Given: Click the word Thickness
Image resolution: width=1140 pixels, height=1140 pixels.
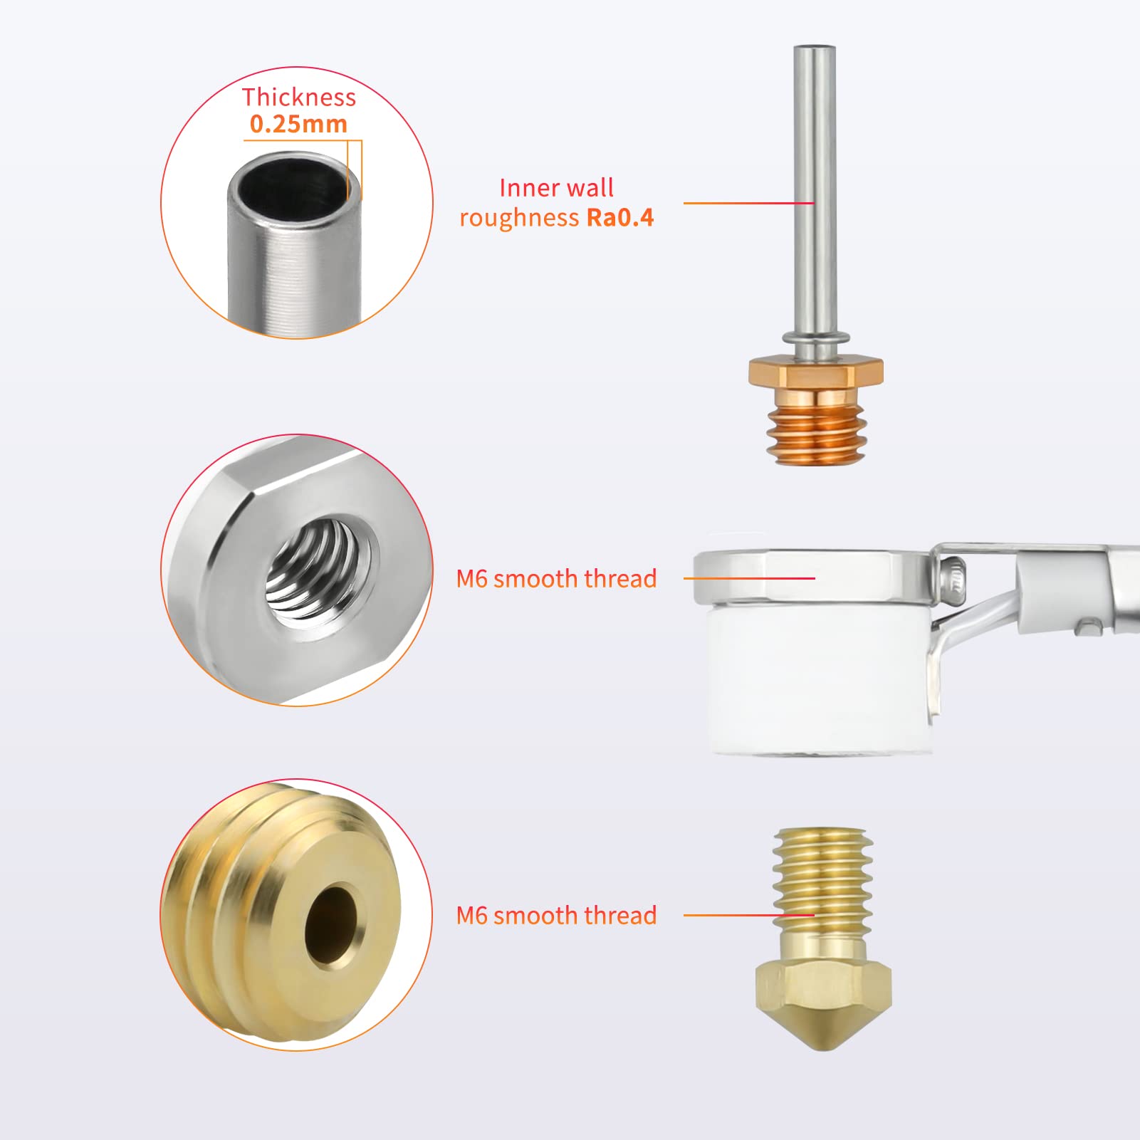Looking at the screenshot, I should pos(298,98).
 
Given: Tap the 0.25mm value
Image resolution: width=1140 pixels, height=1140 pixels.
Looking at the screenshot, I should pos(298,125).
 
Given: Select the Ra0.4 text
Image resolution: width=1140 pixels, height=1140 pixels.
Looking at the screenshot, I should pos(619,218).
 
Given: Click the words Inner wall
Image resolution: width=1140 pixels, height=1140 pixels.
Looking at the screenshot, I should pos(556,188).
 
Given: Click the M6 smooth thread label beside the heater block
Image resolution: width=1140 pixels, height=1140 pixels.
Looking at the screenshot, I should pos(556,579).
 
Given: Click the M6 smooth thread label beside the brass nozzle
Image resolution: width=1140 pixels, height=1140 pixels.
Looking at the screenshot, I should pos(556,916).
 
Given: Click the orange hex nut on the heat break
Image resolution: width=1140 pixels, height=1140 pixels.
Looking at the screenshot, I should pos(816,372).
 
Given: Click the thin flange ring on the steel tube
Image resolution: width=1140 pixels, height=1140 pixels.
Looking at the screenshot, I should pos(815,337).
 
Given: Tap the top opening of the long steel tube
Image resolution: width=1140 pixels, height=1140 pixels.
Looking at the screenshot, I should pos(815,48).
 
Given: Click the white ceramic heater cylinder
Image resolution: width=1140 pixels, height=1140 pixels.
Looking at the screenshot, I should pos(819,676).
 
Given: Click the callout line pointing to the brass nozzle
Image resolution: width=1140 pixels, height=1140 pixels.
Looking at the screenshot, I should pos(748,915).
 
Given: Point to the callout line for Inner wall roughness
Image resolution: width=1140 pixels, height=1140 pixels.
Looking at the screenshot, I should pos(748,203).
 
